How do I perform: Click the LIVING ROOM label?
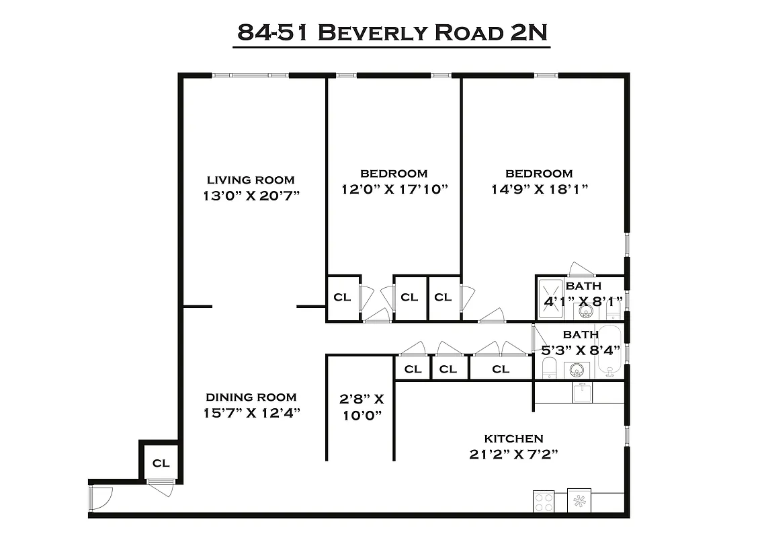click(250, 180)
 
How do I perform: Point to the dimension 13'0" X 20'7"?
click(250, 196)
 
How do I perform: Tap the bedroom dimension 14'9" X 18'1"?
click(540, 190)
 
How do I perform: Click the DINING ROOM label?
click(251, 397)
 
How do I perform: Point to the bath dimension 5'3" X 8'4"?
click(580, 349)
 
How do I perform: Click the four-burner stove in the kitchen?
click(543, 500)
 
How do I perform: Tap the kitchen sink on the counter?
click(581, 392)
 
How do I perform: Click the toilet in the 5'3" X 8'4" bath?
click(549, 368)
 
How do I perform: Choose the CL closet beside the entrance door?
click(161, 463)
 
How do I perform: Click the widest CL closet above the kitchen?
click(500, 369)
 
